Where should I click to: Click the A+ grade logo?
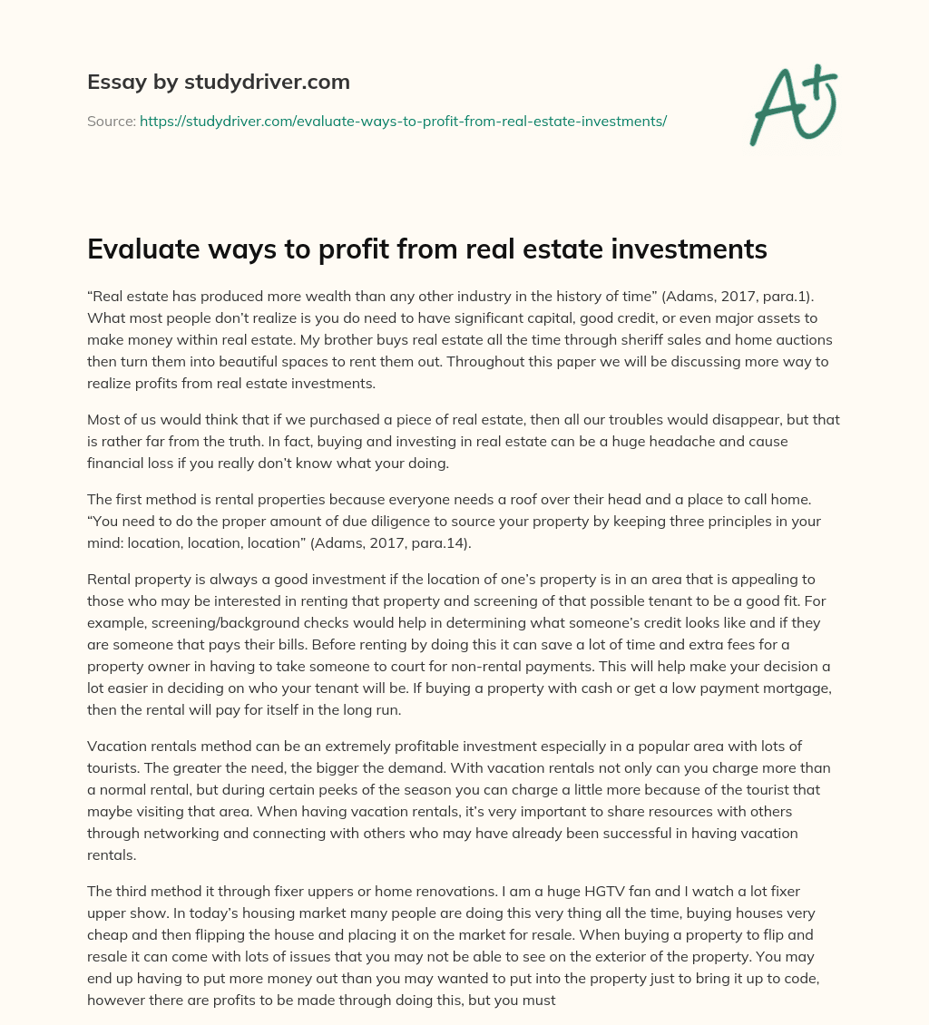[792, 105]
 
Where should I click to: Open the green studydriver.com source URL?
[403, 121]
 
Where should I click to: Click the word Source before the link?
[110, 121]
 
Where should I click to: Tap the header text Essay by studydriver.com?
[218, 83]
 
